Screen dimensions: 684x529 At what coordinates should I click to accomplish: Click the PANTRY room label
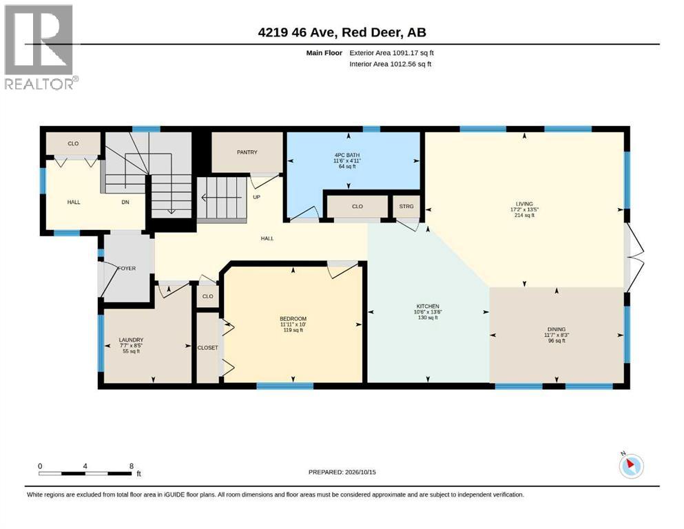247,152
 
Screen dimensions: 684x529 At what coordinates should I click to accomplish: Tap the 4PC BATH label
347,155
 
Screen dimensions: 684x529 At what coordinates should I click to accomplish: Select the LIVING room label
524,204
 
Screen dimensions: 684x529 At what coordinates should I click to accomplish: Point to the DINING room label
556,329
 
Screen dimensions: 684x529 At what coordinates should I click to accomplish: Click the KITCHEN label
428,306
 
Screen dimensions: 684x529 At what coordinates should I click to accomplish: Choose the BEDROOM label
293,319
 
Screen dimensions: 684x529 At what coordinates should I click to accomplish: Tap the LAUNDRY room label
131,340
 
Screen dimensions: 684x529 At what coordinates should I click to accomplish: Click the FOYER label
127,268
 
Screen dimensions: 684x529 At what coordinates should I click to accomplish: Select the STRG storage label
406,206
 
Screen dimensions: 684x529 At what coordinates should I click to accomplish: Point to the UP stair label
256,197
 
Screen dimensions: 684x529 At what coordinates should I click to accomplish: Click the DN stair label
125,202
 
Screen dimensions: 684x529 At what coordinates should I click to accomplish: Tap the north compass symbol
631,466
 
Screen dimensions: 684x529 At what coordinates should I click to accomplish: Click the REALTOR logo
41,47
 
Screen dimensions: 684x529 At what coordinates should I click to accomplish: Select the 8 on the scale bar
132,466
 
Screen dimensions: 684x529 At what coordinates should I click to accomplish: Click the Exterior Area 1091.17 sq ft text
391,53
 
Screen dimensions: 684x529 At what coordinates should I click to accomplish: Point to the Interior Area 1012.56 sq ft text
390,63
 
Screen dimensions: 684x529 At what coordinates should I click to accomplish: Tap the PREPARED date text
342,472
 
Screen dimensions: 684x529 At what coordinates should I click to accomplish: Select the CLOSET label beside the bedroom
207,348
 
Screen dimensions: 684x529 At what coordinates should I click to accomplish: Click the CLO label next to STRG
357,206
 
